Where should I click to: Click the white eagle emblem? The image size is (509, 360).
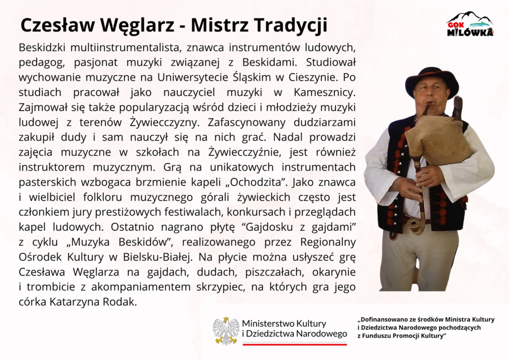(226, 331)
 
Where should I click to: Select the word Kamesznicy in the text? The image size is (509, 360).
(324, 92)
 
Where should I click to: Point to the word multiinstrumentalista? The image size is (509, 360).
(124, 47)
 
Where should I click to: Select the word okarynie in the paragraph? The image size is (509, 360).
(334, 272)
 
